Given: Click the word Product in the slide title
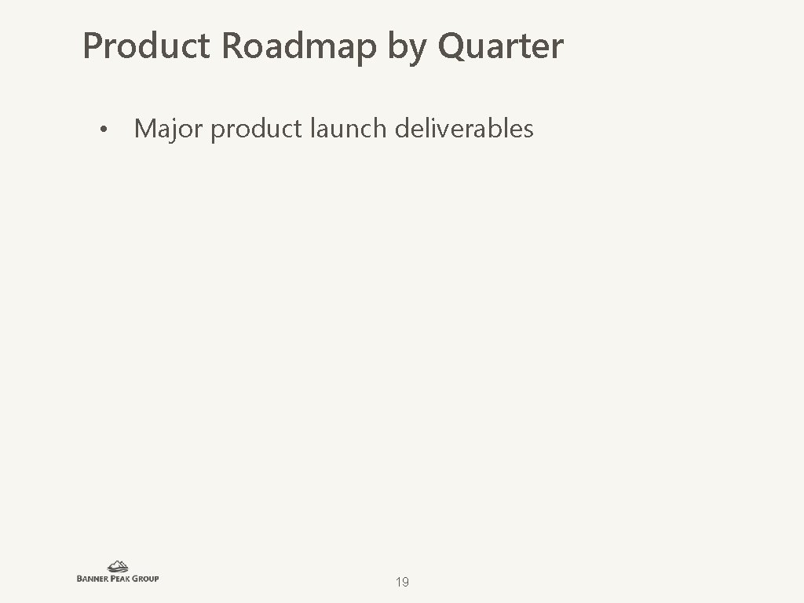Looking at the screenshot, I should (147, 46).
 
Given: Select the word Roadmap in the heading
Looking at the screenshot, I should (299, 46).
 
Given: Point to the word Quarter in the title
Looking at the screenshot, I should (501, 46).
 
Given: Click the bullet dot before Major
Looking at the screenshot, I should (102, 130).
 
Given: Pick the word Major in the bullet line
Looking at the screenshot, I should (168, 129).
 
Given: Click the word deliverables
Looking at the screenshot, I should (464, 128).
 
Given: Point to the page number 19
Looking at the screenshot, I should (402, 582).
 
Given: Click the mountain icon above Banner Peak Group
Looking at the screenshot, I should (118, 566).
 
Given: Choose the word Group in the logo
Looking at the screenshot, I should (147, 579).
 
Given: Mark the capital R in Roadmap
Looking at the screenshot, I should (232, 46).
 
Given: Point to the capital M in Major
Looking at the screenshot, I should (145, 129).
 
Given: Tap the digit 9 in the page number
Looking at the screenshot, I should (405, 582).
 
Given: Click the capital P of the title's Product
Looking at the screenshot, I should (93, 46).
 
